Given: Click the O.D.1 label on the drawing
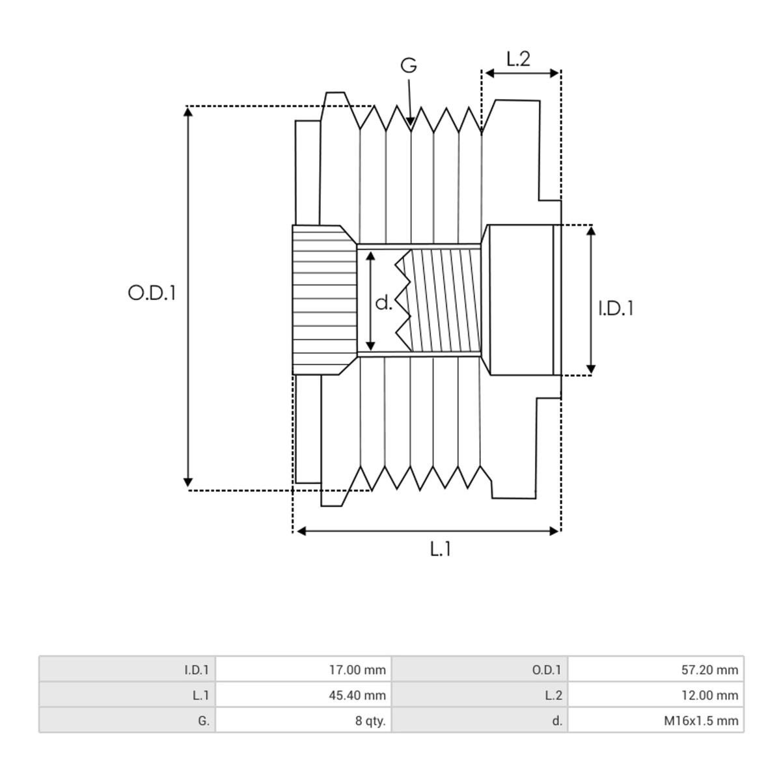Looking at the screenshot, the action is [x=152, y=293].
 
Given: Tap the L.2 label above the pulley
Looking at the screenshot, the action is [x=518, y=59].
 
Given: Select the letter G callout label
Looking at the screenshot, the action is [x=409, y=65].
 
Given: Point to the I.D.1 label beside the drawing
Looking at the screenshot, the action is [x=616, y=308].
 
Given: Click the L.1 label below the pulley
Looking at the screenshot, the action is [x=440, y=549].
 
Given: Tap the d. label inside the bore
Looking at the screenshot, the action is [x=384, y=303].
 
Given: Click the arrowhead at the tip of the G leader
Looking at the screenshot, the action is [x=411, y=121].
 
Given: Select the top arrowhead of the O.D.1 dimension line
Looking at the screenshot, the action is [x=187, y=111].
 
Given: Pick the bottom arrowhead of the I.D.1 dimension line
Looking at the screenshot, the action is [x=591, y=369].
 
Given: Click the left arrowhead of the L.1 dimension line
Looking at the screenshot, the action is [x=301, y=531].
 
